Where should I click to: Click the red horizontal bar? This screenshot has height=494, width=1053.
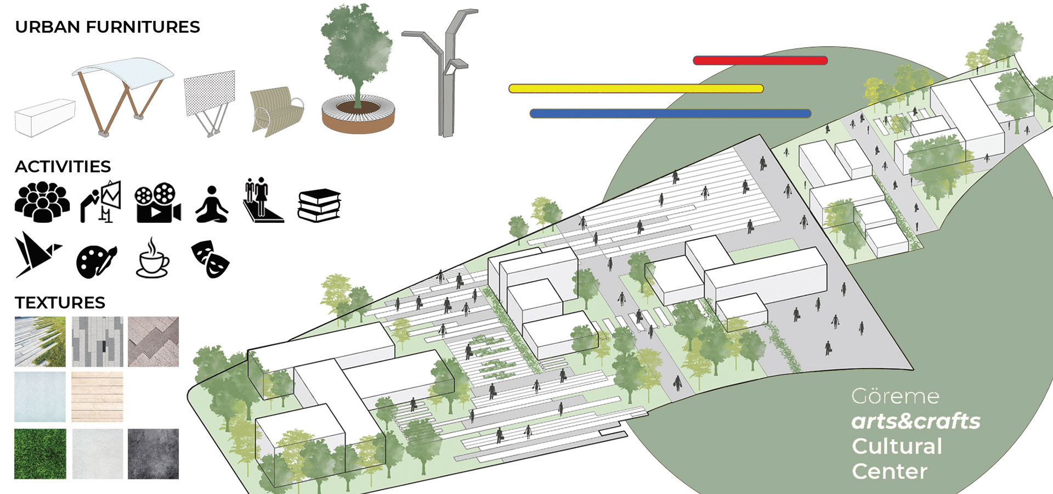click(x=760, y=60)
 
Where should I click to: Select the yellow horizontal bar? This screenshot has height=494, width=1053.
click(x=636, y=88)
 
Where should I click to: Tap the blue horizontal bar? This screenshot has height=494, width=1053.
click(x=670, y=114)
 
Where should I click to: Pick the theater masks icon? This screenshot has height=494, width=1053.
click(x=210, y=259)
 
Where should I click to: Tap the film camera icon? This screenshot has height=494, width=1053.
click(x=158, y=203)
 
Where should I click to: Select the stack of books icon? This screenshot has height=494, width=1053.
click(x=319, y=205)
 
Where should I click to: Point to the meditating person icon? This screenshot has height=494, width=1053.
click(x=212, y=204)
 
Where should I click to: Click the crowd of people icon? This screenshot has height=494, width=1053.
click(x=42, y=202)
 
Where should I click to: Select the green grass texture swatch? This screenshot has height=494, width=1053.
click(x=40, y=453)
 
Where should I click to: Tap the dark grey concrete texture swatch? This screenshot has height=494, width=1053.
click(x=153, y=453)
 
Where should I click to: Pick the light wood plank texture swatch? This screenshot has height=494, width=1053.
click(x=97, y=396)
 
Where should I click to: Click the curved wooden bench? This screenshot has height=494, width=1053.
click(x=276, y=111)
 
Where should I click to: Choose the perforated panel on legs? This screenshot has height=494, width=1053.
click(x=210, y=99)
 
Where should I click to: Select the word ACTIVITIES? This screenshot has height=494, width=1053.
click(x=63, y=166)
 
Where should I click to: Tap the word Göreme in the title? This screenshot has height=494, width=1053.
click(x=895, y=396)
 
